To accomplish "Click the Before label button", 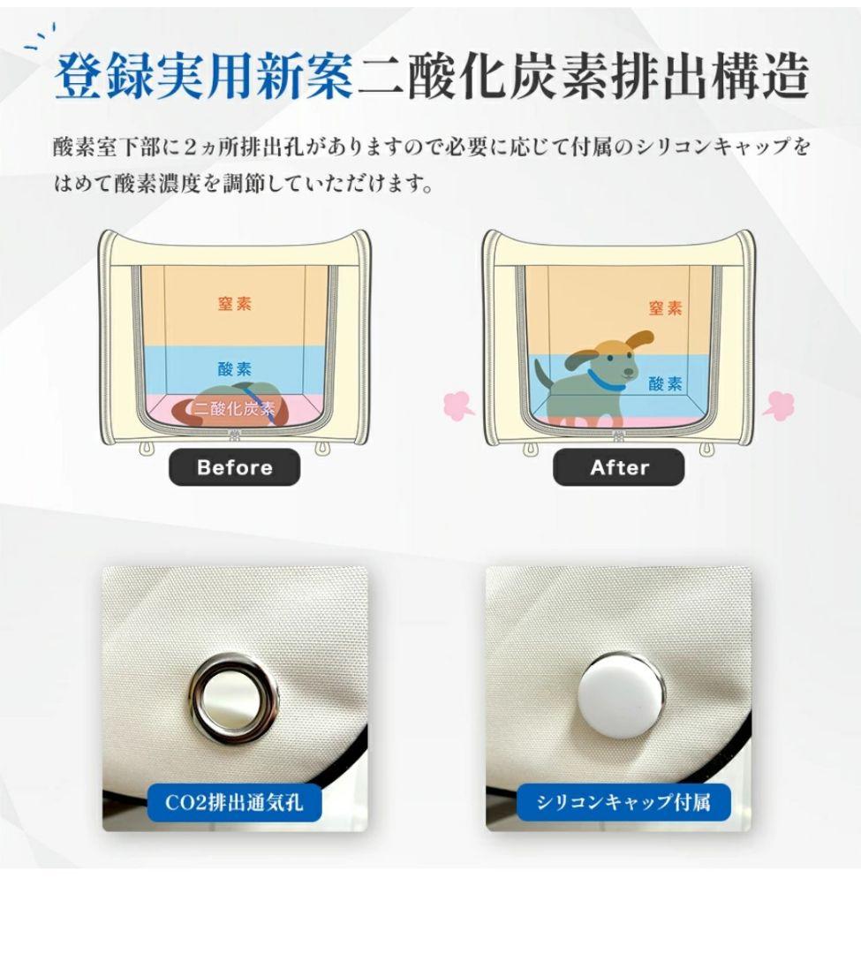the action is (234, 467).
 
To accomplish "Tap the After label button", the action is (618, 467).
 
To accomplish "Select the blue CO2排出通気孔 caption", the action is (234, 802).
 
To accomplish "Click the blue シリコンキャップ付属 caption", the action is (623, 802).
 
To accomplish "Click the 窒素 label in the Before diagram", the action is (234, 303).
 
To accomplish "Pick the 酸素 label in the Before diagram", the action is (234, 368).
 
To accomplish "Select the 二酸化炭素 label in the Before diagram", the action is (234, 408).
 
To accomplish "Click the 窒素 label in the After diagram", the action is (665, 308).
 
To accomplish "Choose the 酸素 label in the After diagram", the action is (665, 384).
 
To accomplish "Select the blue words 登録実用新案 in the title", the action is (204, 77).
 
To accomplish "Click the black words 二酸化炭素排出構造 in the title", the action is (583, 77).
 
